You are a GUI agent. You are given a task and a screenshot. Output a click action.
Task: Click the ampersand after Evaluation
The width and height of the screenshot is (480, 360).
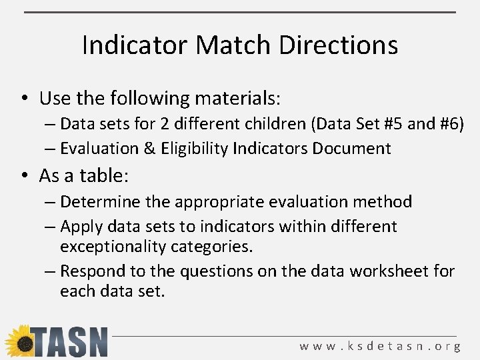pos(151,148)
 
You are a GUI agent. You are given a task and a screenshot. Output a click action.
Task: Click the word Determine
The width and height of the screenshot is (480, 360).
pos(100,201)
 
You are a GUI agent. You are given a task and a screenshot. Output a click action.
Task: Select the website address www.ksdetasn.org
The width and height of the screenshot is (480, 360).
pos(380,346)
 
